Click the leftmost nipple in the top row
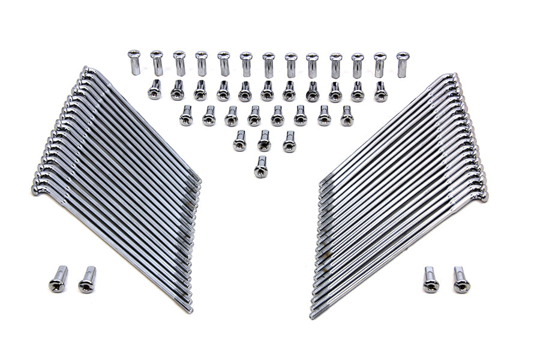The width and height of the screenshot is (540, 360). click(134, 62)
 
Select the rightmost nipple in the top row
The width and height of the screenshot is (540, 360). click(402, 64)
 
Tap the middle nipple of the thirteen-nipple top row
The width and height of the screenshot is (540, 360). click(268, 65)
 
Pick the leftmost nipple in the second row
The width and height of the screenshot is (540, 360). click(155, 89)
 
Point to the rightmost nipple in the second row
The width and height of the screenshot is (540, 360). click(380, 91)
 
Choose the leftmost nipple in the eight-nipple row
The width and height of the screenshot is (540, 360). click(186, 115)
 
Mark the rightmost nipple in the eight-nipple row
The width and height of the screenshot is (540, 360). click(347, 115)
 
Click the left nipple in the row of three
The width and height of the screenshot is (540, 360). click(240, 140)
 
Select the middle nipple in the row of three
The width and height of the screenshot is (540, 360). click(264, 140)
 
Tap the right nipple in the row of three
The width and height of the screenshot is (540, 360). click(289, 141)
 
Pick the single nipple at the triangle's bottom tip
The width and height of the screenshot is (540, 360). click(261, 166)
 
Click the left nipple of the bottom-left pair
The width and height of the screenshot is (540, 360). click(58, 279)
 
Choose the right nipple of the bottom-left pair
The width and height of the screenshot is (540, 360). click(88, 280)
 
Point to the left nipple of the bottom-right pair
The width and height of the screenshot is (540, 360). click(430, 280)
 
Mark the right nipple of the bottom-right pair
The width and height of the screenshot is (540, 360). click(460, 280)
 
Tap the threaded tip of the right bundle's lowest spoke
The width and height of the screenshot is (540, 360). click(313, 314)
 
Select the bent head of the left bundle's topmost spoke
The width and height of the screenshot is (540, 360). click(86, 70)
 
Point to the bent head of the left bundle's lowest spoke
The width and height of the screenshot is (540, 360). click(36, 190)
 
